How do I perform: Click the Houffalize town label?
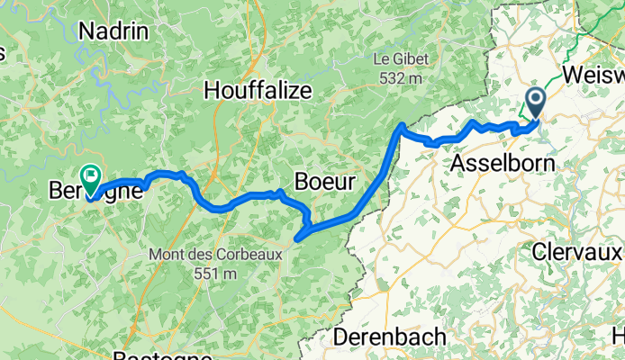(258, 90)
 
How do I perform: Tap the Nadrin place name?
(113, 31)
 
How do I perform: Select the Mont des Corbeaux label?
(216, 255)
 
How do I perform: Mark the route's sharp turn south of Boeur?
(297, 238)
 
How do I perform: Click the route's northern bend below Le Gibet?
(401, 126)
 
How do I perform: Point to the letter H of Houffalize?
(213, 90)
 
